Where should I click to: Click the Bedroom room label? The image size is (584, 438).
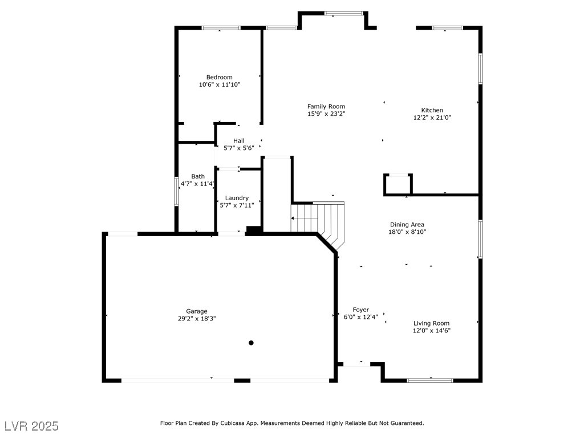click(x=220, y=77)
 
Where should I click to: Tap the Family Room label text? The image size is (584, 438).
click(x=326, y=107)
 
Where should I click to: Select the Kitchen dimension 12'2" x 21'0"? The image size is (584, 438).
click(x=432, y=117)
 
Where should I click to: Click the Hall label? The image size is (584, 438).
click(x=239, y=141)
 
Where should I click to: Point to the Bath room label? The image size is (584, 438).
click(x=198, y=177)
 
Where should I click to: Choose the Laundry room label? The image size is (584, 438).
click(x=237, y=198)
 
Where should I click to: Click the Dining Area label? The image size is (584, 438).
click(x=407, y=225)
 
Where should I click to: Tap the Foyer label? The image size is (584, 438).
click(x=360, y=310)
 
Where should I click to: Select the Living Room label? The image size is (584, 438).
click(x=431, y=323)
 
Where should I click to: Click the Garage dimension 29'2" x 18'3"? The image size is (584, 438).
click(x=197, y=319)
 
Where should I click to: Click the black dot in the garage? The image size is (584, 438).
click(x=251, y=343)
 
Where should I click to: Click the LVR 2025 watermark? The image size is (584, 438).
click(x=32, y=426)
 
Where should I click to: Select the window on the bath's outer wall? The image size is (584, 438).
click(x=177, y=191)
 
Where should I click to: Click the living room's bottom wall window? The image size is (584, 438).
click(x=430, y=380)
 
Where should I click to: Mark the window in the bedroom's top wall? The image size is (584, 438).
click(x=221, y=28)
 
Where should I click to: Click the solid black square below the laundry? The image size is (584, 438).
click(x=254, y=230)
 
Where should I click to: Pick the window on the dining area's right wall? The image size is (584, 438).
click(x=480, y=239)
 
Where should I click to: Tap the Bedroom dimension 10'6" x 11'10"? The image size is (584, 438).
click(x=220, y=84)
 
